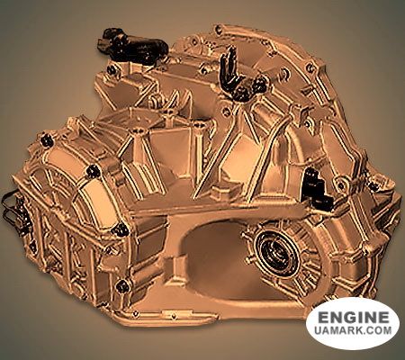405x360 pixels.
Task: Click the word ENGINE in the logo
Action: pyautogui.click(x=353, y=317)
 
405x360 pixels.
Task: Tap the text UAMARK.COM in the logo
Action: pyautogui.click(x=353, y=330)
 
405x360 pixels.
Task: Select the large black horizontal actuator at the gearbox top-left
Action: pyautogui.click(x=132, y=45)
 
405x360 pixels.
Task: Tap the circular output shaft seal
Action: pyautogui.click(x=276, y=251)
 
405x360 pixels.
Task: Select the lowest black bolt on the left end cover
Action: pyautogui.click(x=122, y=285)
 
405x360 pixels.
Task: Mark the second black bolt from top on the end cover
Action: pyautogui.click(x=93, y=171)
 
